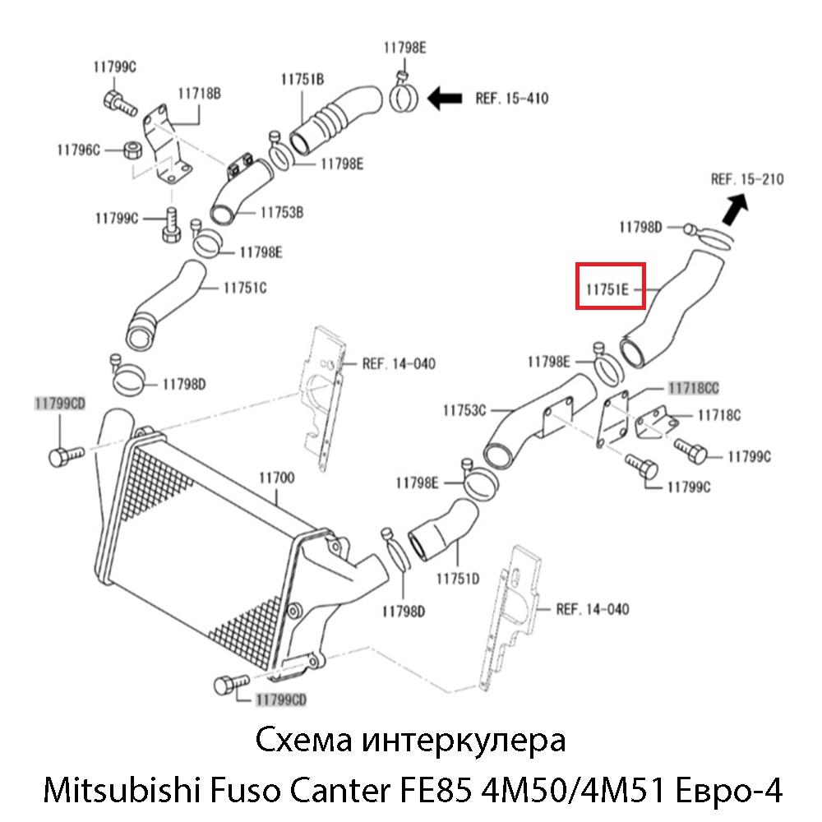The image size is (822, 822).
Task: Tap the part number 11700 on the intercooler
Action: [x=277, y=477]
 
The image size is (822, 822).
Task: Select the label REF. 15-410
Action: [x=511, y=99]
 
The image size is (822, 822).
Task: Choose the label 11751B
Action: [x=302, y=79]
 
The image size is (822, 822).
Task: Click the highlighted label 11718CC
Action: [x=693, y=386]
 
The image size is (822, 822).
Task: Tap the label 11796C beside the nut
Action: [x=77, y=150]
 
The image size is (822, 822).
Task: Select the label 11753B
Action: [x=282, y=212]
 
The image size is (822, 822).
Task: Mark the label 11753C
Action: [x=465, y=409]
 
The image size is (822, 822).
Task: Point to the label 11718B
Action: [x=200, y=94]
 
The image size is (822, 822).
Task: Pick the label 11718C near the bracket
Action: [x=718, y=416]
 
